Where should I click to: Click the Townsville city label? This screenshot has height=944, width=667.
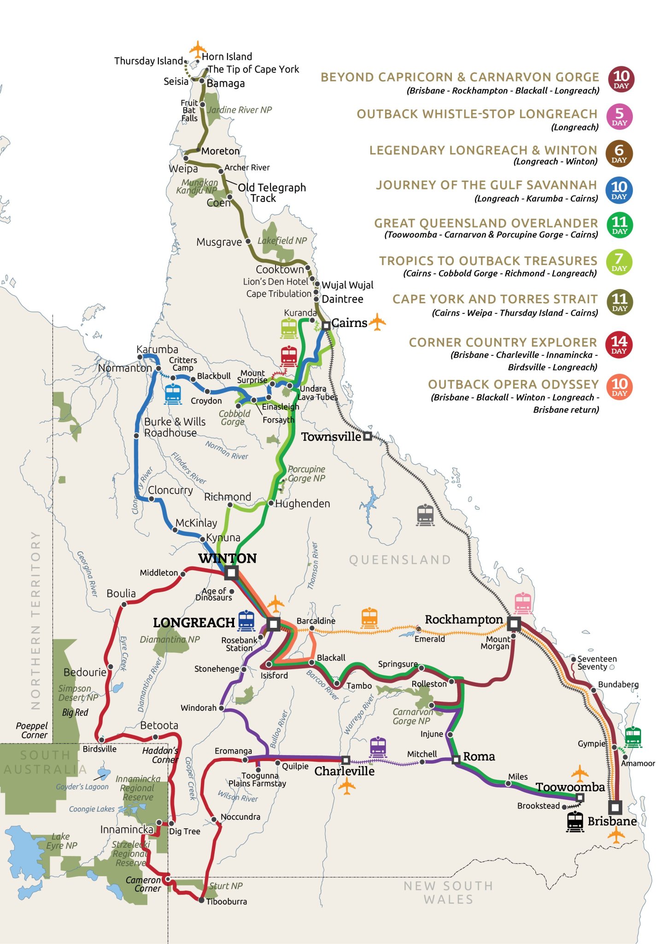pos(331,437)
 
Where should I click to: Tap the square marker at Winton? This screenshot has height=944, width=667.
pos(231,573)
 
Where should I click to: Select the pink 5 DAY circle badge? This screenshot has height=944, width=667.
pos(620,117)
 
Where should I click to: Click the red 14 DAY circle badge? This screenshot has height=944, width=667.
pos(619,344)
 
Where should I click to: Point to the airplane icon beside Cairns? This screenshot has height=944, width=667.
pos(378,322)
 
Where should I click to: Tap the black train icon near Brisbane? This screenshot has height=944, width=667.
pos(575,821)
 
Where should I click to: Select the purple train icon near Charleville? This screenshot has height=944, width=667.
pos(378,747)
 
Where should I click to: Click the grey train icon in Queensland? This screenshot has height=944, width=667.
pos(425,515)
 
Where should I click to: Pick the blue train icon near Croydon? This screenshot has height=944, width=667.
pos(173,395)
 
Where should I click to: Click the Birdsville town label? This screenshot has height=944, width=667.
pos(99,749)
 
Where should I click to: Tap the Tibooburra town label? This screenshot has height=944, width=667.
pos(226,901)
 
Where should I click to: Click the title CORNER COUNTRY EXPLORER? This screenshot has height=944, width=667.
pos(503,342)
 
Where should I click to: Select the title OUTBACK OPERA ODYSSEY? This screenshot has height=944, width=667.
pos(513,384)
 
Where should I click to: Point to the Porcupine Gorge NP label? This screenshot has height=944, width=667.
pos(306,474)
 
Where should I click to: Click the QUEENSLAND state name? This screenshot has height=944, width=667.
pos(400,560)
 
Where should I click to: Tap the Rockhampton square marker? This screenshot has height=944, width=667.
pos(514,624)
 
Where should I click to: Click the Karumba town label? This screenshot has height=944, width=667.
pos(157,349)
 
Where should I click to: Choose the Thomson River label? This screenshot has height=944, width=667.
pos(313,566)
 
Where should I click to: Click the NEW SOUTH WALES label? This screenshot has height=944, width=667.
pos(448,892)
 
